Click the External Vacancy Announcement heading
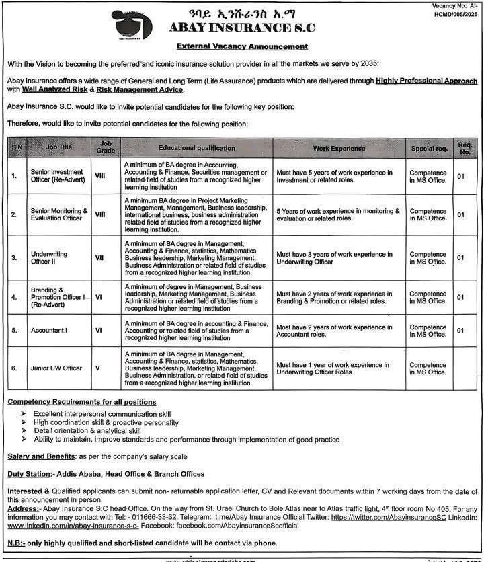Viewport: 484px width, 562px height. tap(243, 46)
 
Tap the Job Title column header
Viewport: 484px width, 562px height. tap(59, 147)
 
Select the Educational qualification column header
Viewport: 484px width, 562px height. tap(197, 147)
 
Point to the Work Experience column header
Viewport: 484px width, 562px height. tap(339, 147)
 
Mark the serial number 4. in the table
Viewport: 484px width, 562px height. tap(13, 297)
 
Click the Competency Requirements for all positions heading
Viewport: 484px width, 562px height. tap(81, 401)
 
